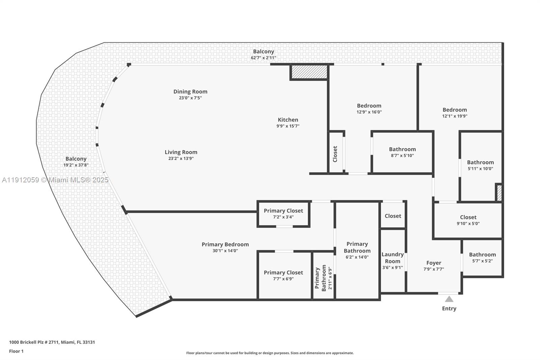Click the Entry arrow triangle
449,299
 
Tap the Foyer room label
434,263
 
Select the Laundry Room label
393,258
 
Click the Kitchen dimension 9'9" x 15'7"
288,126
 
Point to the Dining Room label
190,92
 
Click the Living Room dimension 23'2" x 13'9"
181,158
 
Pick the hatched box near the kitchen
309,72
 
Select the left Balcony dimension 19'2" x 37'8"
76,165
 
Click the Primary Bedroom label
225,245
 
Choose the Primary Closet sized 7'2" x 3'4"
283,213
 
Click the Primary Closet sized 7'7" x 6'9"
283,275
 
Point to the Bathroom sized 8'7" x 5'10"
402,152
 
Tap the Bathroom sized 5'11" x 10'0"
480,165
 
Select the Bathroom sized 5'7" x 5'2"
482,257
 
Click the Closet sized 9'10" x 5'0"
468,220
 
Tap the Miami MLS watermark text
55,180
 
